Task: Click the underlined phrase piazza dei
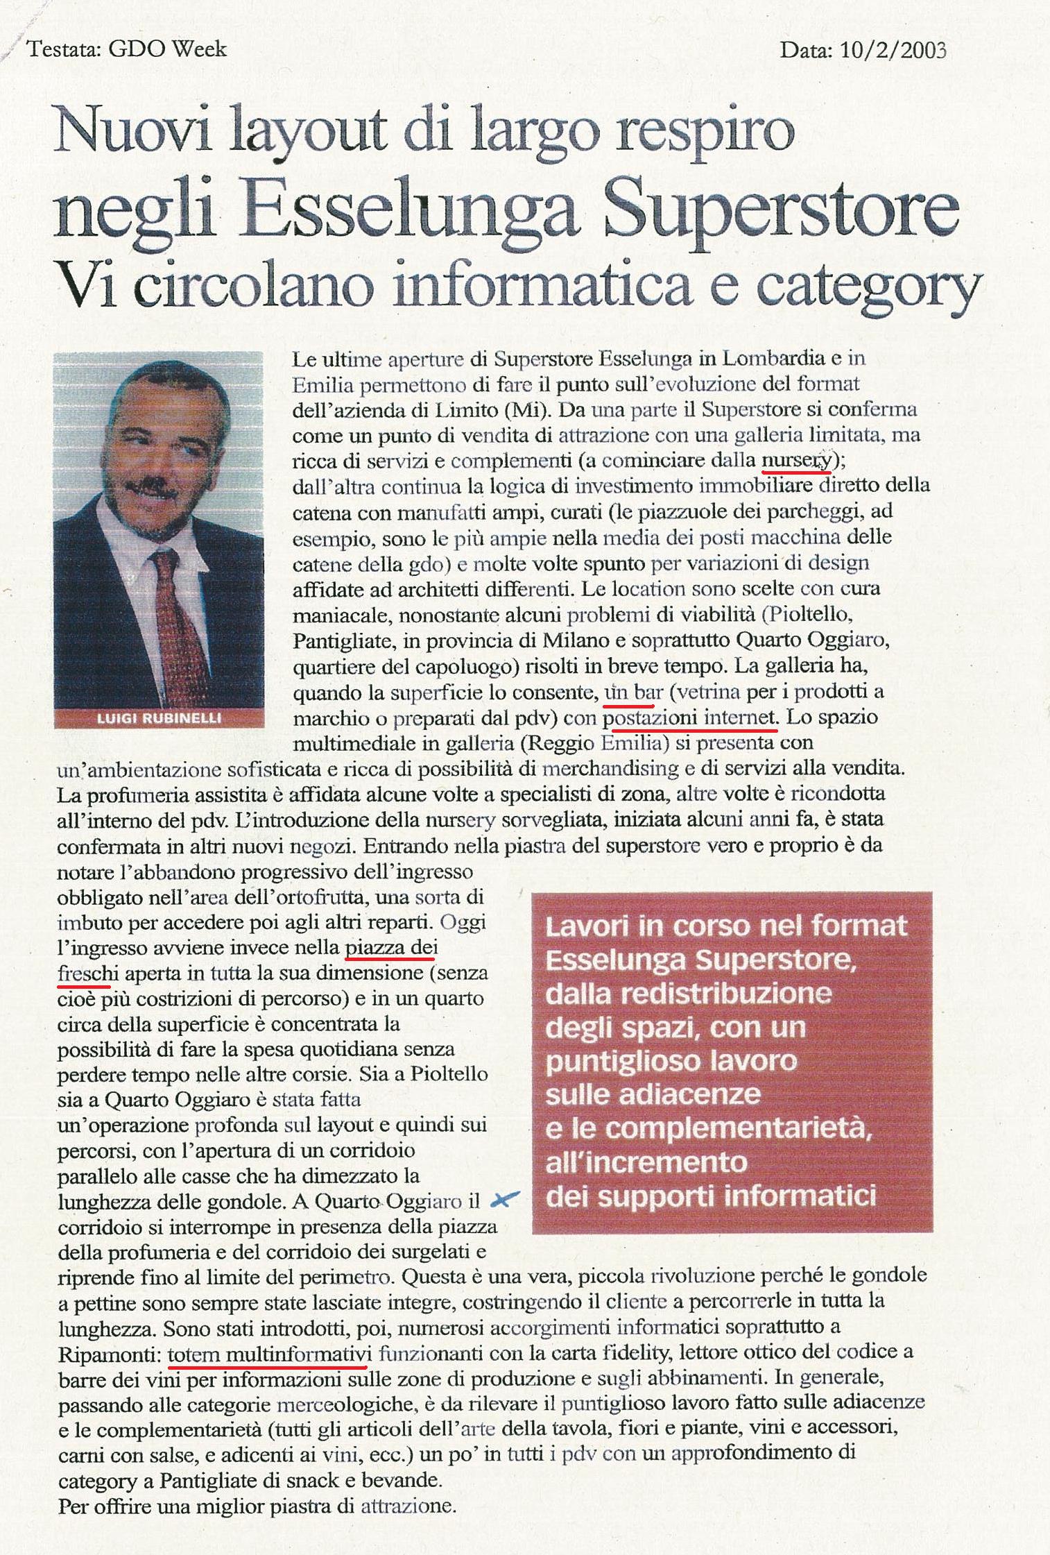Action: [x=391, y=948]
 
